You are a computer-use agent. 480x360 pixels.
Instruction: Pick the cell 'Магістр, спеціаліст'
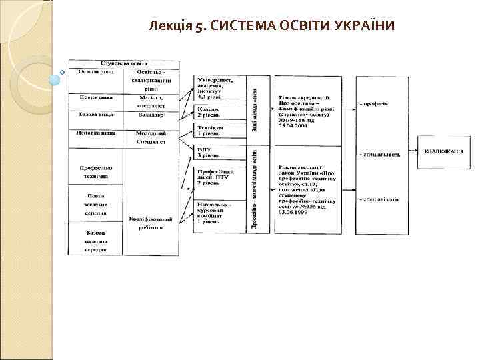(x=151, y=101)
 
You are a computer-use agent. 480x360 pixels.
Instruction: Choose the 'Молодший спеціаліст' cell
(x=151, y=137)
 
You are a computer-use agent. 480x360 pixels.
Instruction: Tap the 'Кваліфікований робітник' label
(x=151, y=222)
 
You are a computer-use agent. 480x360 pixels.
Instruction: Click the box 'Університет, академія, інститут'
(x=219, y=89)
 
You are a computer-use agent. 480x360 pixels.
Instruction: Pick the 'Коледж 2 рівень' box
(x=219, y=111)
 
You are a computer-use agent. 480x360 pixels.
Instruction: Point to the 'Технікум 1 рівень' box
(x=219, y=130)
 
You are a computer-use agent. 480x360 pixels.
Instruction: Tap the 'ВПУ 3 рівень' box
(x=219, y=153)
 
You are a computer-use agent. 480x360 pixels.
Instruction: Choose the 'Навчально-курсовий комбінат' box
(x=219, y=215)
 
